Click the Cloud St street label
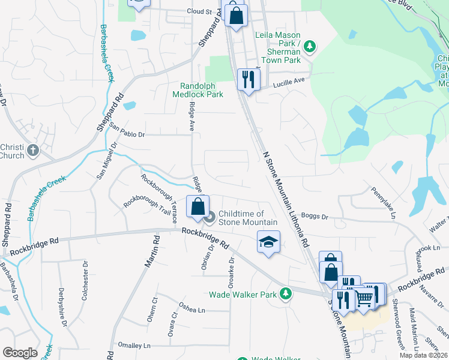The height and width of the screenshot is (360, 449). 200,11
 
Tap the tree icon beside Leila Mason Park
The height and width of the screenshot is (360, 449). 310,46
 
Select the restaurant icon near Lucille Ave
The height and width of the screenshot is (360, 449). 248,79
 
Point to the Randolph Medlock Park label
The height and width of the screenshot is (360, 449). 197,90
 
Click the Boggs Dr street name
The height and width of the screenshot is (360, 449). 315,217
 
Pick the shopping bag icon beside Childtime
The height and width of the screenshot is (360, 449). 197,207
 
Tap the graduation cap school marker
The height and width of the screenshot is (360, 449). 268,242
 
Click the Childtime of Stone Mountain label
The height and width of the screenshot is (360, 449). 241,218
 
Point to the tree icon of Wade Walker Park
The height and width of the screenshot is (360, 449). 287,294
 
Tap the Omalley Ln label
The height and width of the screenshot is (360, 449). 134,346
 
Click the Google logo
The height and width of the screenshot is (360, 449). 20,353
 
